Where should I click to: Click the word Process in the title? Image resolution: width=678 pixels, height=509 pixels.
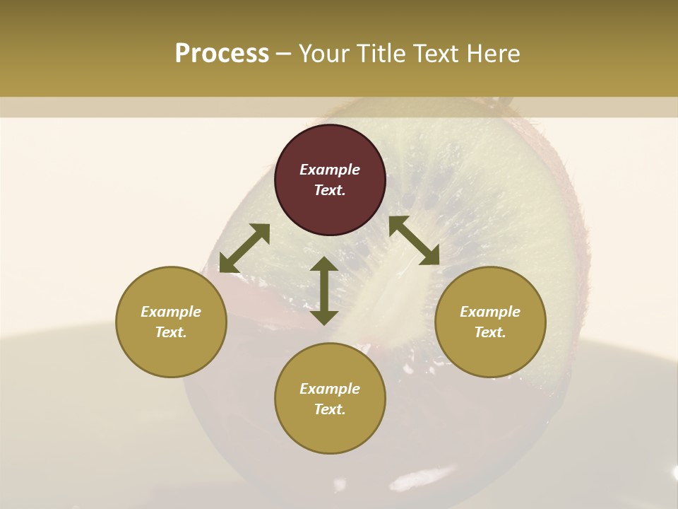click(222, 54)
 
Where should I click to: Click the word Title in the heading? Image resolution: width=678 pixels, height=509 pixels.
click(381, 54)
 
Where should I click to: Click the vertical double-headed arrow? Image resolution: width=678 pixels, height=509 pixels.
click(324, 291)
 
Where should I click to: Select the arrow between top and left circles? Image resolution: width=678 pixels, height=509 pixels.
click(244, 248)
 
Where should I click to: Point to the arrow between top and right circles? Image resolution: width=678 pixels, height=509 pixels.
click(414, 240)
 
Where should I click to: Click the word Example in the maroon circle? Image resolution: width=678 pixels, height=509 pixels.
click(330, 170)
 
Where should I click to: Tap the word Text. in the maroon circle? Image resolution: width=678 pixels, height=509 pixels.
click(330, 190)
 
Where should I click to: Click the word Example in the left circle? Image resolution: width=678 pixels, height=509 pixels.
click(171, 312)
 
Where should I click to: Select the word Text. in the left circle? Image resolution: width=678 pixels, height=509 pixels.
click(171, 332)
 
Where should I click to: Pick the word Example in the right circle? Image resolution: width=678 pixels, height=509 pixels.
click(490, 312)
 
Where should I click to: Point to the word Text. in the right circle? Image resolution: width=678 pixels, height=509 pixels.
click(490, 332)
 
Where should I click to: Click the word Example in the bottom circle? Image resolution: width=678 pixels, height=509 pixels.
click(330, 389)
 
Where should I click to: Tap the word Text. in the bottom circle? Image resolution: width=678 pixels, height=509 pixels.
click(330, 409)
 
